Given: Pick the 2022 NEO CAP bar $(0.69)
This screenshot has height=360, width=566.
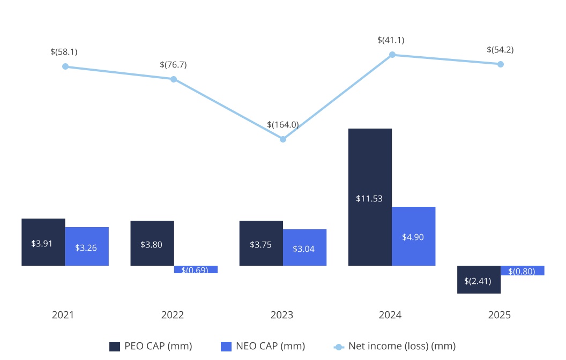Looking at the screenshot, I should pos(196,269).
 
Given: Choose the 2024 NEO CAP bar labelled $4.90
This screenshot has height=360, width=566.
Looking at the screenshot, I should pos(413,236).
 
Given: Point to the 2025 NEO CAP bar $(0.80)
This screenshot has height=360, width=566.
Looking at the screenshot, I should pos(523,271).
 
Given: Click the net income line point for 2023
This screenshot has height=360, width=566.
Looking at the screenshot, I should pos(283,139).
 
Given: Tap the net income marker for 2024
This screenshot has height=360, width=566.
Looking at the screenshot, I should pos(392,55).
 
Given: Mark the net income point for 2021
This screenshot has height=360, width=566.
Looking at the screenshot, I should pos(65,66).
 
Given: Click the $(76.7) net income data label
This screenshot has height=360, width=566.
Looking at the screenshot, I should pos(173,65).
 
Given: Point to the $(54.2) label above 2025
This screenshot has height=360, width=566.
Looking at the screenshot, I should pos(500,50).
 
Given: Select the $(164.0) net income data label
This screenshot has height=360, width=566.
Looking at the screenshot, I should pos(283,125).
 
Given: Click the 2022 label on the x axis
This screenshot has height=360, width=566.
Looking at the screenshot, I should pos(173,315).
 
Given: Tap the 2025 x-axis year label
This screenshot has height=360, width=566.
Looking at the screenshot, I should pos(500,315).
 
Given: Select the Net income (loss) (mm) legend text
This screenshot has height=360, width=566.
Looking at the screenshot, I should pos(402,346).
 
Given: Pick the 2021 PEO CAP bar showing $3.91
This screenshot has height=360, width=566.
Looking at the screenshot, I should pos(43,242).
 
